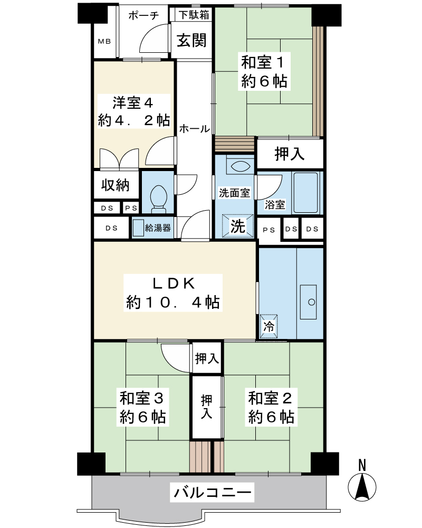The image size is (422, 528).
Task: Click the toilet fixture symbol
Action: pyautogui.click(x=158, y=199)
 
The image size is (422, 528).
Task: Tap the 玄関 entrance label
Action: pyautogui.click(x=191, y=41)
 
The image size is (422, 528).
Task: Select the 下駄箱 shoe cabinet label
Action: pyautogui.click(x=194, y=14)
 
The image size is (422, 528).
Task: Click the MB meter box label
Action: pyautogui.click(x=104, y=41)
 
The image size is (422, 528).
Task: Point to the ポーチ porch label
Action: pyautogui.click(x=143, y=15)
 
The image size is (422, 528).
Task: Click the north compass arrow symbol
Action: pyautogui.click(x=362, y=487)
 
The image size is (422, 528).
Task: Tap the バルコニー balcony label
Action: pyautogui.click(x=213, y=493)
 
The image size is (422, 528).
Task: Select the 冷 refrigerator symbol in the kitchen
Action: pyautogui.click(x=268, y=325)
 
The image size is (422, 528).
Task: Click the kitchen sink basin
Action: pyautogui.click(x=308, y=302)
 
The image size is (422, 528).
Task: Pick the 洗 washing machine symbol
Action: pyautogui.click(x=237, y=226)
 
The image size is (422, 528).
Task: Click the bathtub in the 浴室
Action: pyautogui.click(x=305, y=193)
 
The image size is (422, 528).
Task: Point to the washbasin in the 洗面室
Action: pyautogui.click(x=239, y=166)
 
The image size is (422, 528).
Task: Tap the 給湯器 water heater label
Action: pyautogui.click(x=158, y=228)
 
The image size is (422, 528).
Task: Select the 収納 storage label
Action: pyautogui.click(x=116, y=185)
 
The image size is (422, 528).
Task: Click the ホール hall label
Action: pyautogui.click(x=195, y=128)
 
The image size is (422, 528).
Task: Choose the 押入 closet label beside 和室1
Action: pyautogui.click(x=290, y=154)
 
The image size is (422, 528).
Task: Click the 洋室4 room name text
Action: pyautogui.click(x=133, y=102)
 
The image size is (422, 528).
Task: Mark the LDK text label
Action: pyautogui.click(x=174, y=284)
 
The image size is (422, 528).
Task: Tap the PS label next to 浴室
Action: pyautogui.click(x=269, y=230)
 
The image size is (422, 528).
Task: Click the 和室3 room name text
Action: pyautogui.click(x=142, y=398)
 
